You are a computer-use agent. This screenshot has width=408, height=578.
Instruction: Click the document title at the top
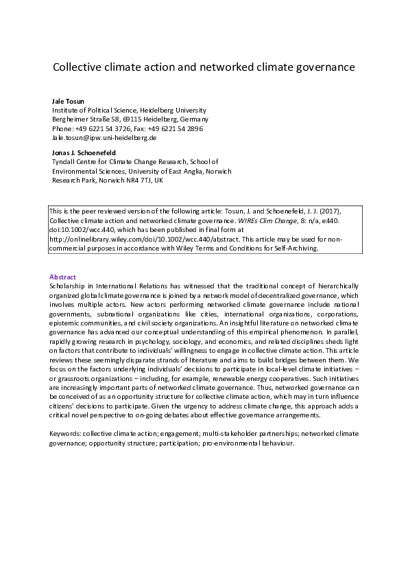point(204,68)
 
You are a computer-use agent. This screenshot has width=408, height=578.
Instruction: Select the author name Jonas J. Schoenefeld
point(84,152)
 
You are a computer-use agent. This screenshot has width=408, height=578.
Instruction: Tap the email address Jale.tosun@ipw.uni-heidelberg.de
point(105,137)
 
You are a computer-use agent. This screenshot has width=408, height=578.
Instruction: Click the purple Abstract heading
point(64,277)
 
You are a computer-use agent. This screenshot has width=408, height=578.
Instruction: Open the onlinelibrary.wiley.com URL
point(144,240)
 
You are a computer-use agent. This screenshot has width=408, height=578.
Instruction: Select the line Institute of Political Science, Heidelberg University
point(129,110)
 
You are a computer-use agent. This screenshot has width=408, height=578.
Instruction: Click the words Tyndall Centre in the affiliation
point(74,161)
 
